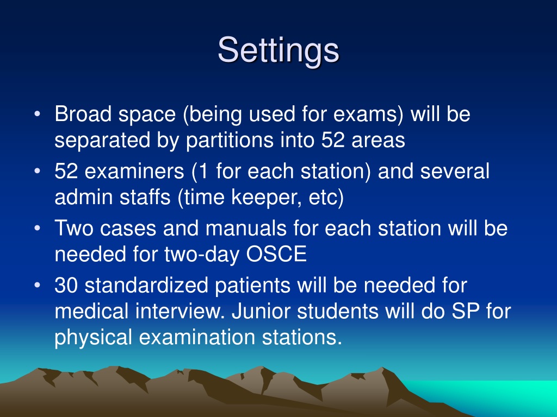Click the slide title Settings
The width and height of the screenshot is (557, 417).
pos(278,50)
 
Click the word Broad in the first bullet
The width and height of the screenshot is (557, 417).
pos(83,114)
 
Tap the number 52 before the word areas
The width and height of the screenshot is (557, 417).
pos(333,140)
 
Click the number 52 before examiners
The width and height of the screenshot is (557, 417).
pos(66,171)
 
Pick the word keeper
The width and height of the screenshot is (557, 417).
pos(265,197)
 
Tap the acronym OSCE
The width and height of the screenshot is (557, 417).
pos(276,254)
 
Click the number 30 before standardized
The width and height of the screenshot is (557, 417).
pos(66,286)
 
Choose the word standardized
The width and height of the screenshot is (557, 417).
pos(146,286)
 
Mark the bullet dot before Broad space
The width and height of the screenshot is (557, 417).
pos(38,114)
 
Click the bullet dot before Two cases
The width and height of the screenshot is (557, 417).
pos(38,229)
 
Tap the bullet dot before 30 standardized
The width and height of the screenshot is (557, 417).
pos(38,286)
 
